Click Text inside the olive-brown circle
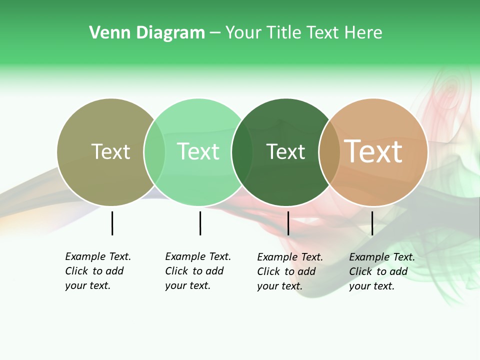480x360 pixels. click(x=110, y=151)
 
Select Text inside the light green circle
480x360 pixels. click(x=198, y=151)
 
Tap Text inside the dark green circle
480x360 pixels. click(x=285, y=151)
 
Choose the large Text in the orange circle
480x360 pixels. click(x=373, y=151)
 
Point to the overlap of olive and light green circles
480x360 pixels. click(x=154, y=152)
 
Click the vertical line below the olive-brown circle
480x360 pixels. click(x=112, y=223)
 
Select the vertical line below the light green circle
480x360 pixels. click(x=200, y=223)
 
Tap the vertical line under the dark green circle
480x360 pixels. click(x=288, y=223)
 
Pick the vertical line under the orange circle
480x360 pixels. click(x=372, y=223)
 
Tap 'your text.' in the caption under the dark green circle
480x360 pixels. click(x=280, y=286)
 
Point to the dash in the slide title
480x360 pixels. click(x=215, y=33)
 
